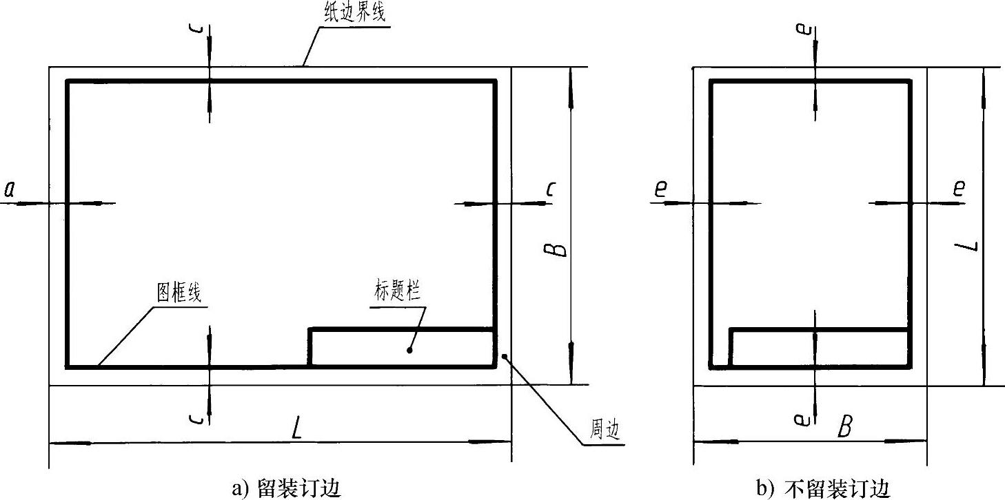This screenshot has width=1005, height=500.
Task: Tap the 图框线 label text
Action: tap(179, 293)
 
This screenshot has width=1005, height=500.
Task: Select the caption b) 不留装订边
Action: tap(824, 488)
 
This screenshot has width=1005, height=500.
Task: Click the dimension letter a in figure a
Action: tap(10, 189)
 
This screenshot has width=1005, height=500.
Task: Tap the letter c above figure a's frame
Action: tap(198, 32)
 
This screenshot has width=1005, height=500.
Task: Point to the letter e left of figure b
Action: tap(660, 189)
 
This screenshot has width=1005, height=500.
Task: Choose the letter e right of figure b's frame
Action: tap(958, 189)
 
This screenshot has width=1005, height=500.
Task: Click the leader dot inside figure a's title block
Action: tap(409, 350)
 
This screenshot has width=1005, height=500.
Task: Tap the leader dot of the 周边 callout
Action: tap(505, 356)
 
